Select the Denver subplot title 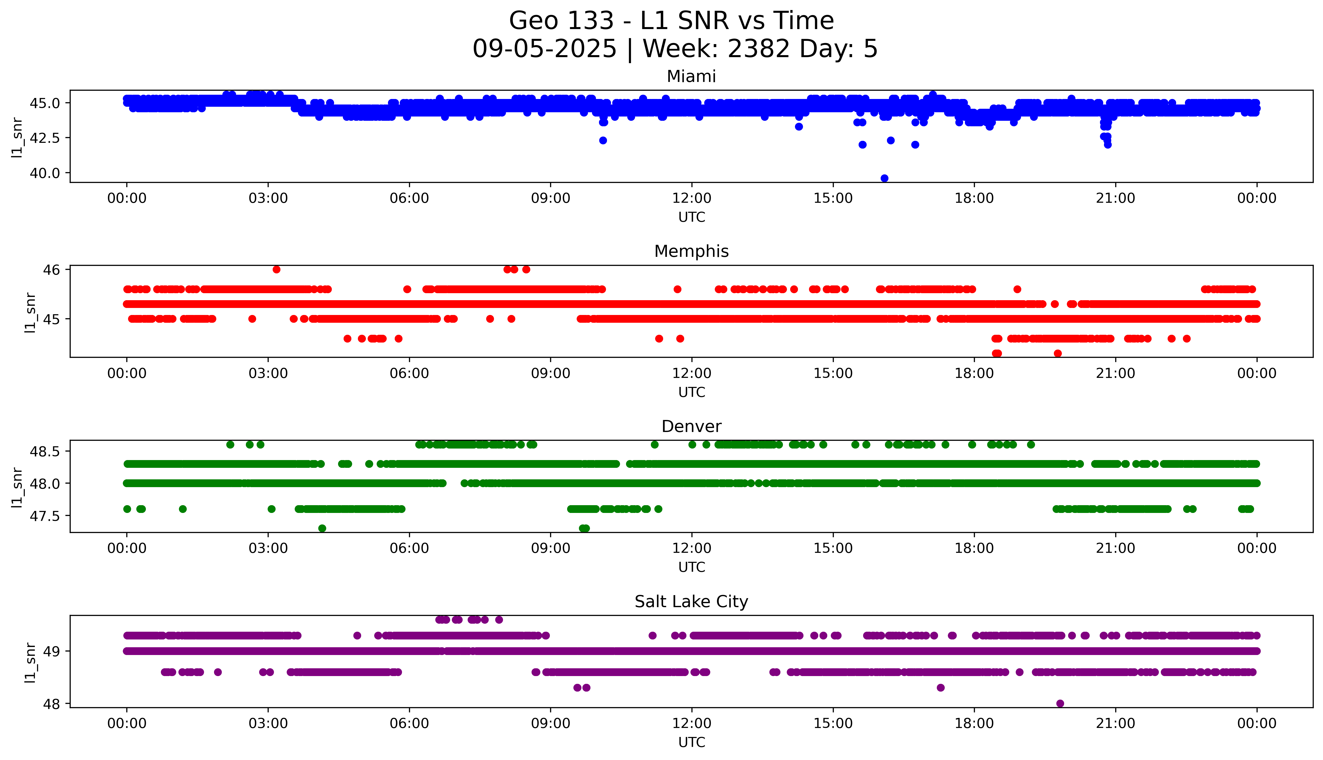691,426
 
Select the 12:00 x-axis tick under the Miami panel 691,198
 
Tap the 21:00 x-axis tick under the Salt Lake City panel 1115,723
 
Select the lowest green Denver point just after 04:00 322,528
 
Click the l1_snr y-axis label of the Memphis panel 30,312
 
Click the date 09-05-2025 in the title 544,49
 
